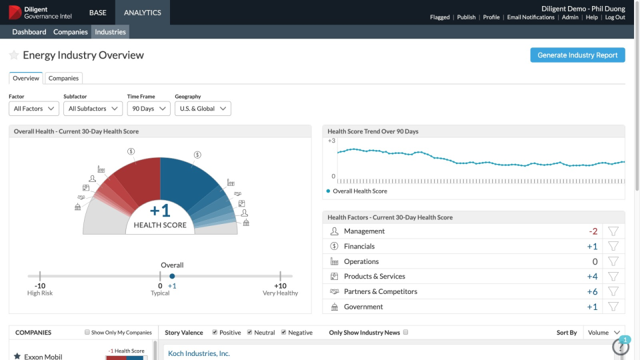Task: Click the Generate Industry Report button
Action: (577, 55)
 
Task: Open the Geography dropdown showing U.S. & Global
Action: (203, 109)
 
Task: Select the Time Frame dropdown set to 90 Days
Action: (148, 109)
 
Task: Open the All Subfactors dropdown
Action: (93, 109)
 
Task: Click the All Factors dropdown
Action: (34, 109)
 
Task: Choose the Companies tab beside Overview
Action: (63, 79)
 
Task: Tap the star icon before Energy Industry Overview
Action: (14, 55)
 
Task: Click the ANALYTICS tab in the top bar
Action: (142, 13)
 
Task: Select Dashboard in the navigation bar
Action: (29, 32)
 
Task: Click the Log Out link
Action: (615, 17)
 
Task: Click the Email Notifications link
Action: (531, 17)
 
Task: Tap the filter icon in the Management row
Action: (613, 231)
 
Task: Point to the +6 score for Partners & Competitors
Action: (592, 292)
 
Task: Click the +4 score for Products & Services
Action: (592, 277)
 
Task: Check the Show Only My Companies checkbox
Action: (87, 333)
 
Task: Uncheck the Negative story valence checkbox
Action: (284, 333)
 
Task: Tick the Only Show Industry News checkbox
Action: (406, 333)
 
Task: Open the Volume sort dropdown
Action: (604, 333)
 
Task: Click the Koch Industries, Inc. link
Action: (199, 353)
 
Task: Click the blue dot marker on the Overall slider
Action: (172, 276)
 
